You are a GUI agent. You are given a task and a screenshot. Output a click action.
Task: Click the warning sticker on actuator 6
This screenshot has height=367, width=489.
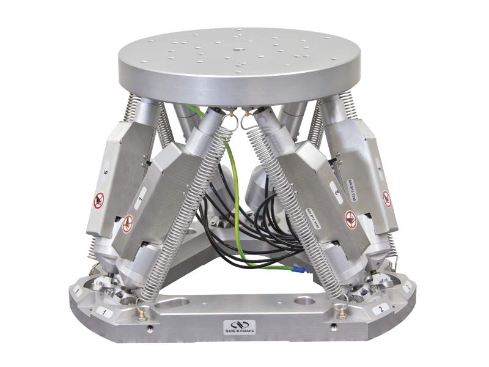98,200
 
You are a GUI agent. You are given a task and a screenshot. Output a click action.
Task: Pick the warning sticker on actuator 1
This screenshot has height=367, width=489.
127,224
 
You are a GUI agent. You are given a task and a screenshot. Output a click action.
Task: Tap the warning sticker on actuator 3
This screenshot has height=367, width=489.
387,198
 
